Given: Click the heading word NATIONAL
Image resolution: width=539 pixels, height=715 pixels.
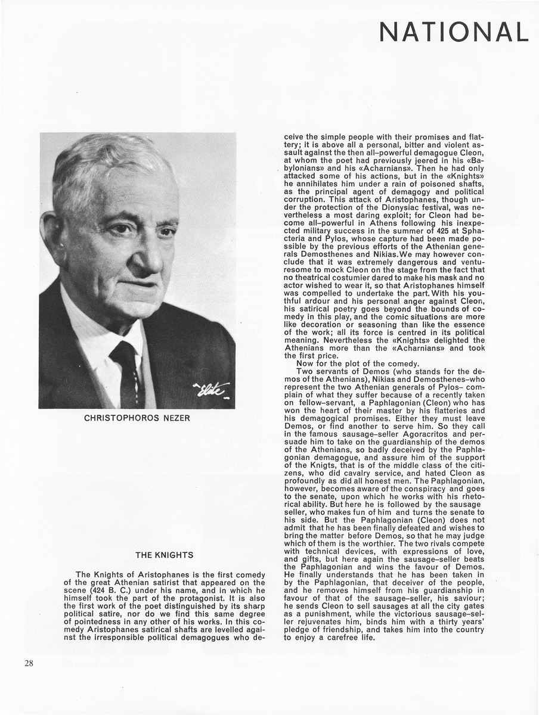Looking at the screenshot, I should coord(454,32).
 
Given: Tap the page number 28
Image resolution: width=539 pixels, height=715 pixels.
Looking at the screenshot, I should coord(30,663).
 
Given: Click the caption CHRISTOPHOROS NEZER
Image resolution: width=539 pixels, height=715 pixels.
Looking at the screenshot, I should coord(137,418).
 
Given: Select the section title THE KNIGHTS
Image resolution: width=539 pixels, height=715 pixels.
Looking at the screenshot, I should coord(165,555).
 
